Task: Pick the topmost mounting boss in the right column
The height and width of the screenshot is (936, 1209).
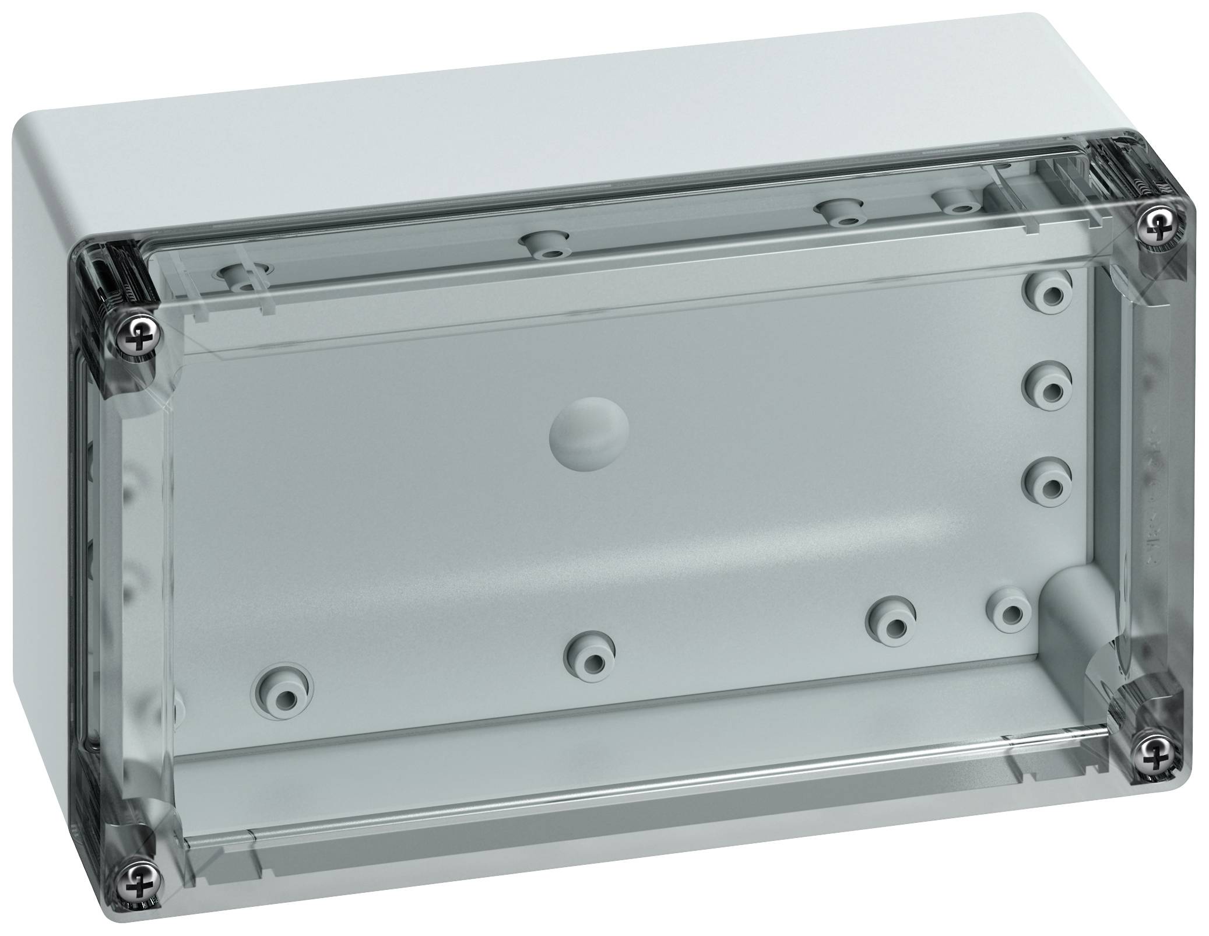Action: [x=1049, y=295]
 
